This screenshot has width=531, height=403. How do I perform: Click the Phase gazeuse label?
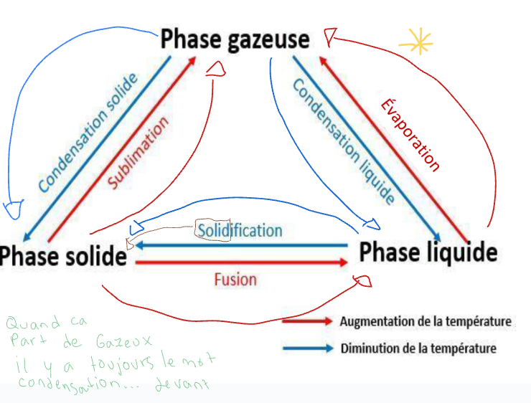pyautogui.click(x=235, y=39)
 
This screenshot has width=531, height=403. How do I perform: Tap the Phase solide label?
pyautogui.click(x=63, y=256)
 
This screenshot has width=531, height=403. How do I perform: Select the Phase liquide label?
pyautogui.click(x=428, y=252)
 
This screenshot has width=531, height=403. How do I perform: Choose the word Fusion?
pyautogui.click(x=235, y=278)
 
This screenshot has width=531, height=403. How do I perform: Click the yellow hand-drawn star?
pyautogui.click(x=416, y=43)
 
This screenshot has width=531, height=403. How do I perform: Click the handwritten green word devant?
pyautogui.click(x=187, y=384)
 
